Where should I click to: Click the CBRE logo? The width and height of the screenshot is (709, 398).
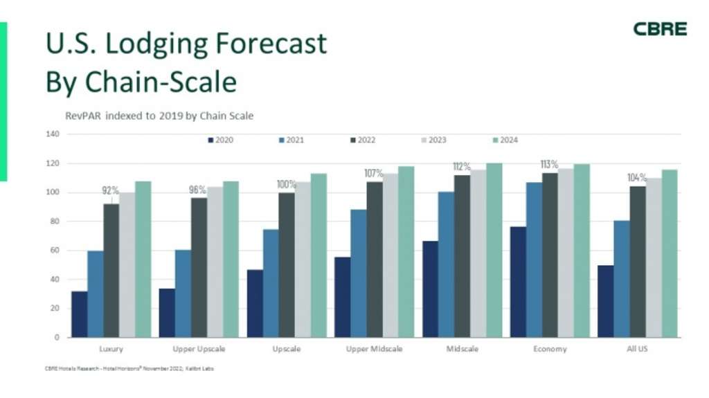660,29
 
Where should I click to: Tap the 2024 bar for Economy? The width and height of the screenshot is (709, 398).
581,251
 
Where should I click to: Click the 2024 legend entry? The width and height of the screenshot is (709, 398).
505,140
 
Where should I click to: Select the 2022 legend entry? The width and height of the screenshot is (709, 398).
363,140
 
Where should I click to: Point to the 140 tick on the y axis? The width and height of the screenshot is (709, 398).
53,134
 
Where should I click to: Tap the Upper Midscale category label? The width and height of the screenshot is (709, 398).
373,349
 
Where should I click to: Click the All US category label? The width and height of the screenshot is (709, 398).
637,349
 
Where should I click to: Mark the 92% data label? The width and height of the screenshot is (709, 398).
111,190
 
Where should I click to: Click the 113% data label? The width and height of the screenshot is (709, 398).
549,165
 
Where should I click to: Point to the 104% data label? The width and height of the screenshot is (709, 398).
637,178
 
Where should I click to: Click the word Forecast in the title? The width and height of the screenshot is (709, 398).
267,44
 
